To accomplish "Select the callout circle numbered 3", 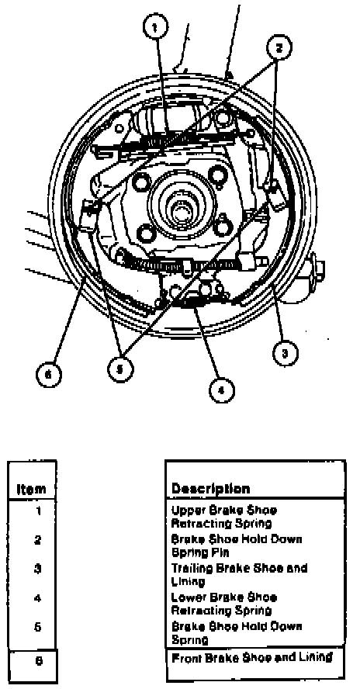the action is [286, 354].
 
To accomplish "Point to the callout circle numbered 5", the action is [119, 368].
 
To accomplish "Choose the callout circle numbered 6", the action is [48, 376].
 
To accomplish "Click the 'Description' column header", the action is [210, 489].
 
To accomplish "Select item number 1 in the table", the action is [39, 511].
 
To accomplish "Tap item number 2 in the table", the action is [38, 540].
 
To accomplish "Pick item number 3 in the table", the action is [38, 569].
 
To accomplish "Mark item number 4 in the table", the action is [38, 598].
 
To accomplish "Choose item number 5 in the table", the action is [38, 627].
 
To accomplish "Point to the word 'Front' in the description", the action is [185, 658].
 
